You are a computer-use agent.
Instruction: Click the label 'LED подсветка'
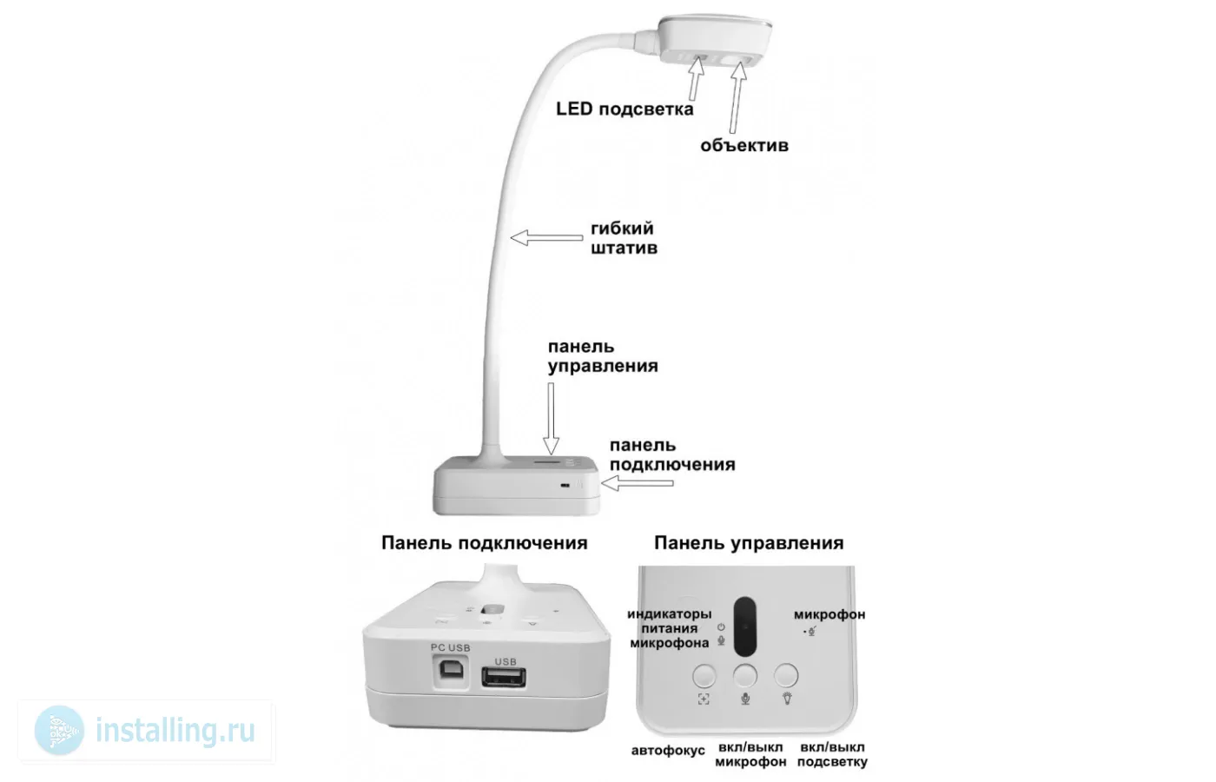point(625,109)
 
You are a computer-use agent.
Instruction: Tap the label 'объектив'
point(744,145)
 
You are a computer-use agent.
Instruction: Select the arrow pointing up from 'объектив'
point(738,96)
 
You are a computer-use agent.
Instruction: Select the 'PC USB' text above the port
point(449,648)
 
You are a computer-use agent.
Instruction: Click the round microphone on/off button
point(745,675)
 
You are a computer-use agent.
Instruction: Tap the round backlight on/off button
point(786,675)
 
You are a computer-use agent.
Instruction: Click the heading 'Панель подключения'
point(484,543)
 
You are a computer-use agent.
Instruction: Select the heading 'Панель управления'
point(748,543)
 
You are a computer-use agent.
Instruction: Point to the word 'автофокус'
point(668,750)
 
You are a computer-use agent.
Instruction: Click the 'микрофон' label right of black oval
point(829,614)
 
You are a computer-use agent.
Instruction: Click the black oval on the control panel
point(745,626)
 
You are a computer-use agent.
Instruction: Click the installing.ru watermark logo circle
point(60,731)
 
